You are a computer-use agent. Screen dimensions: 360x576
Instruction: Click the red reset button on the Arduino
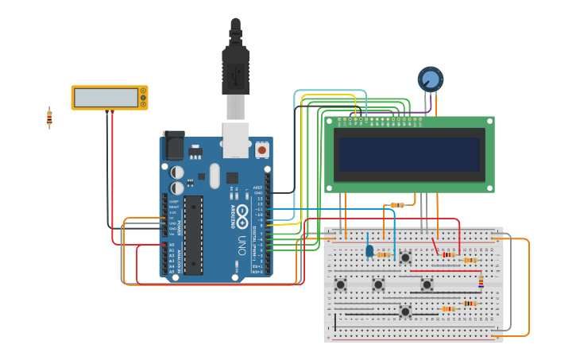(261, 149)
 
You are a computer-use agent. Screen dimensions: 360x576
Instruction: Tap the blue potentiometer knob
(430, 79)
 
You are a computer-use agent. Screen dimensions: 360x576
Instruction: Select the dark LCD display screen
(409, 154)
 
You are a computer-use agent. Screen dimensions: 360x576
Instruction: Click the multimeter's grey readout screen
(105, 98)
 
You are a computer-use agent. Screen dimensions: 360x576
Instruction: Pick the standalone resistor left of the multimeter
(49, 118)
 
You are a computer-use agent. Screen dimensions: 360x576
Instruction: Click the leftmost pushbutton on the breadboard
(341, 285)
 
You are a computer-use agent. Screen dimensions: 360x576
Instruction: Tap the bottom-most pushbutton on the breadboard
(405, 312)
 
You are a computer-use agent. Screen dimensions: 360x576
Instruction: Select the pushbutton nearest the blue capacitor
(405, 257)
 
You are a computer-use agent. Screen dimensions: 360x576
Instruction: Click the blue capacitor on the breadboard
(369, 250)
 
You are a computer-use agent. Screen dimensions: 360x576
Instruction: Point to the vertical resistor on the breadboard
(480, 282)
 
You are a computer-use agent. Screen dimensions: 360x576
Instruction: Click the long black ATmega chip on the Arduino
(193, 235)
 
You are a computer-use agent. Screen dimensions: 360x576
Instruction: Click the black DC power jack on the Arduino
(173, 146)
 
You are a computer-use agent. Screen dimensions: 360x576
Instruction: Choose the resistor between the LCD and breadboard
(397, 205)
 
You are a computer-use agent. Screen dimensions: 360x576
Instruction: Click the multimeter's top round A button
(143, 91)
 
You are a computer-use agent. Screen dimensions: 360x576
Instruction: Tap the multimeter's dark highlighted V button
(143, 98)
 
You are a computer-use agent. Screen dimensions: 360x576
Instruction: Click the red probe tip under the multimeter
(112, 113)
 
